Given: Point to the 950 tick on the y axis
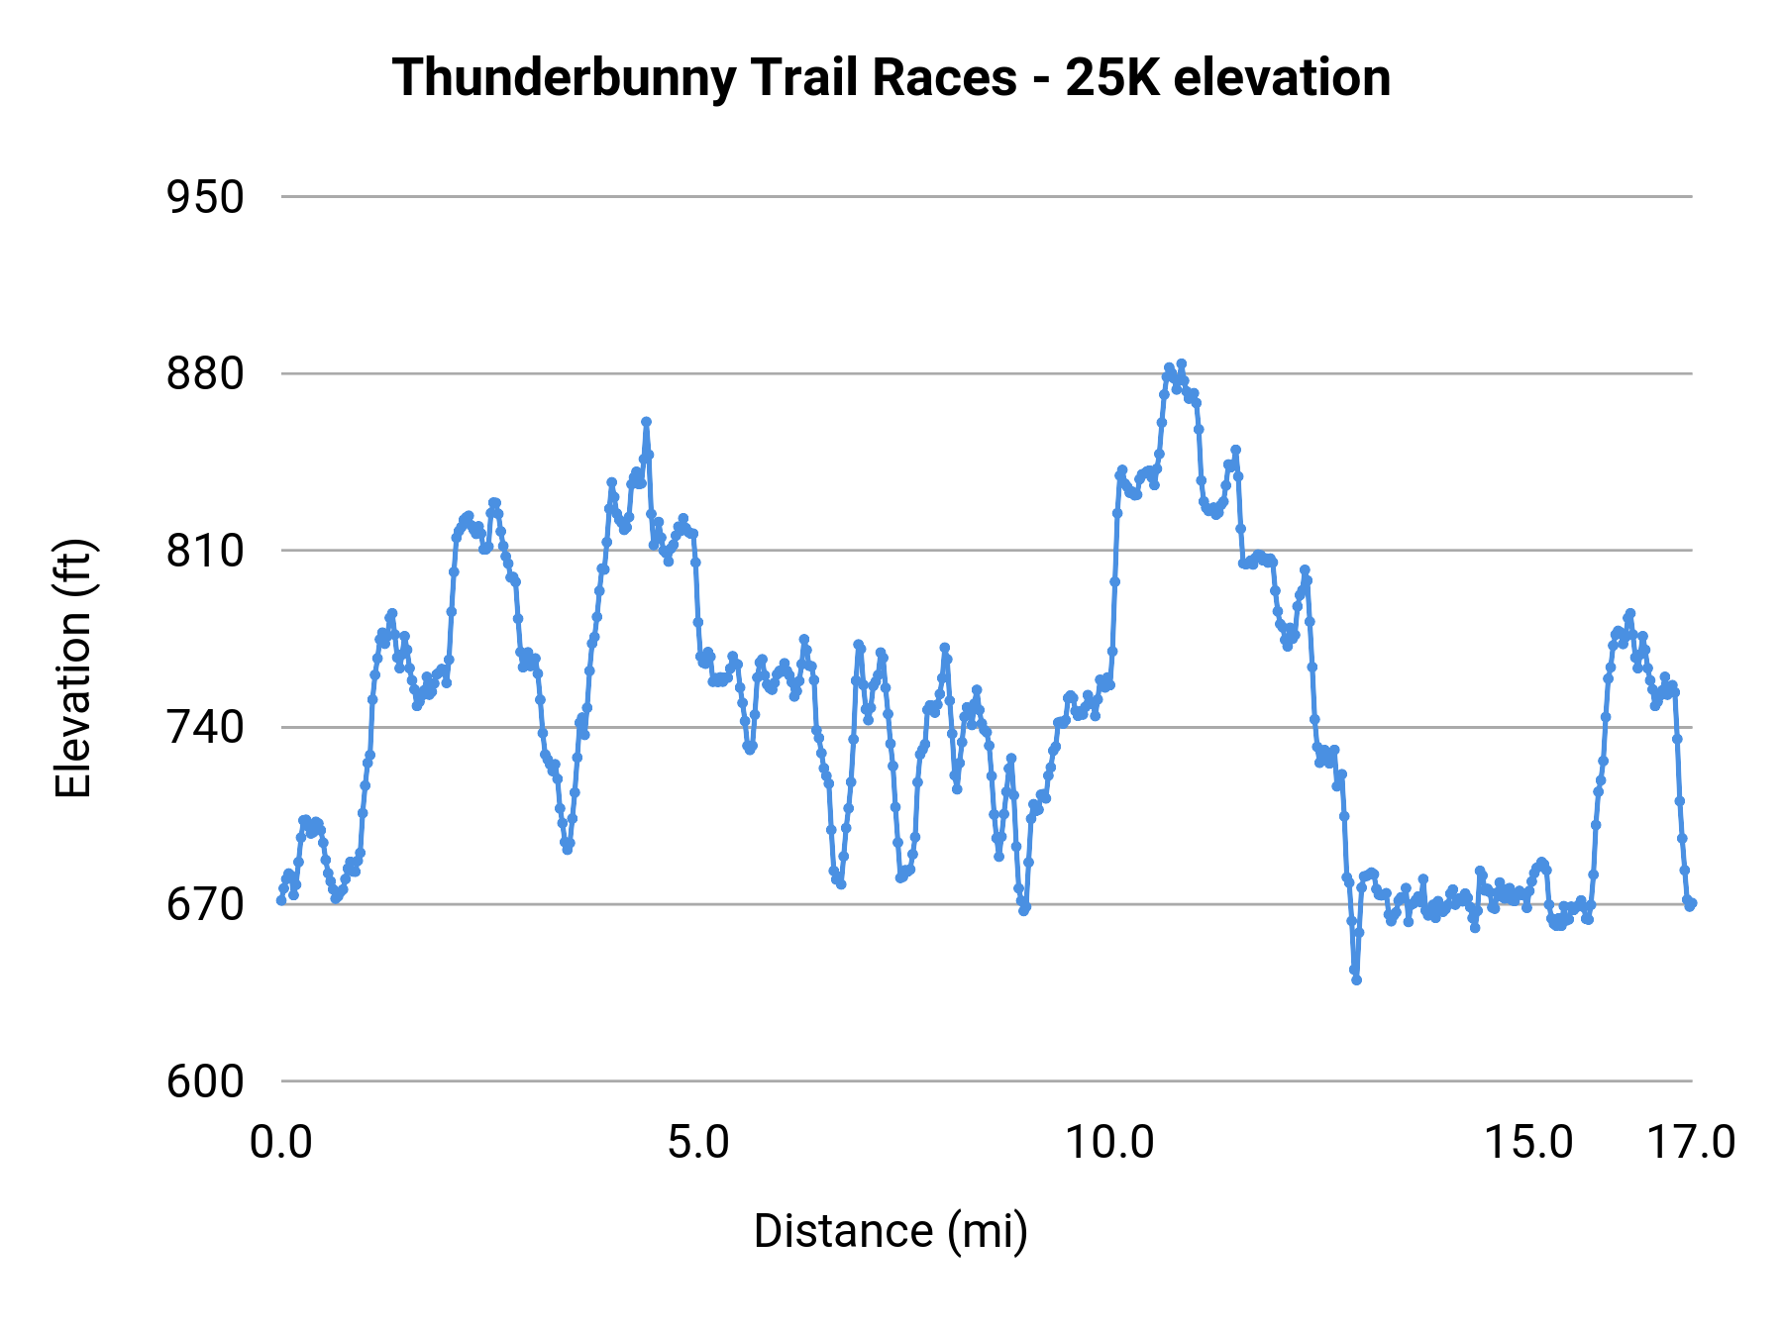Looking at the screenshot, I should click(x=205, y=197).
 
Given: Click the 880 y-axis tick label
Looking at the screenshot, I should click(x=205, y=374).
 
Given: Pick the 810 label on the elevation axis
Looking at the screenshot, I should click(x=205, y=551).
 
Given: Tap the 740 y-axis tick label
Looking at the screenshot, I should click(x=205, y=728).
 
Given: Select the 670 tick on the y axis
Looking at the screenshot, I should click(x=205, y=904).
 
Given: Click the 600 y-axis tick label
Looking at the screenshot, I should click(x=205, y=1081).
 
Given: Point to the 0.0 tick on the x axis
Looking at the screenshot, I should click(x=281, y=1143).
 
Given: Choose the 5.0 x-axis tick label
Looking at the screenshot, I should click(x=697, y=1143).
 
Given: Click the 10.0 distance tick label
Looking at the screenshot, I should click(x=1109, y=1143).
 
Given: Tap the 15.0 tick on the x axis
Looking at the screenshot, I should click(x=1528, y=1143).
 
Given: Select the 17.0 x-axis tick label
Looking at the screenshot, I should click(x=1691, y=1143).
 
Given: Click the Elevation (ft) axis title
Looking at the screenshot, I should click(x=73, y=668).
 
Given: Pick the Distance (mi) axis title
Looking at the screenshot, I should click(x=891, y=1231).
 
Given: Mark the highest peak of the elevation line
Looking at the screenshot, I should click(x=1181, y=364).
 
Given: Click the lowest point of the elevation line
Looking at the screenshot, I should click(x=1356, y=979).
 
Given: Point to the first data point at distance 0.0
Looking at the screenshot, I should click(x=281, y=900).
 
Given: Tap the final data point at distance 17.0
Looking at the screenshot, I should click(x=1692, y=903).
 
